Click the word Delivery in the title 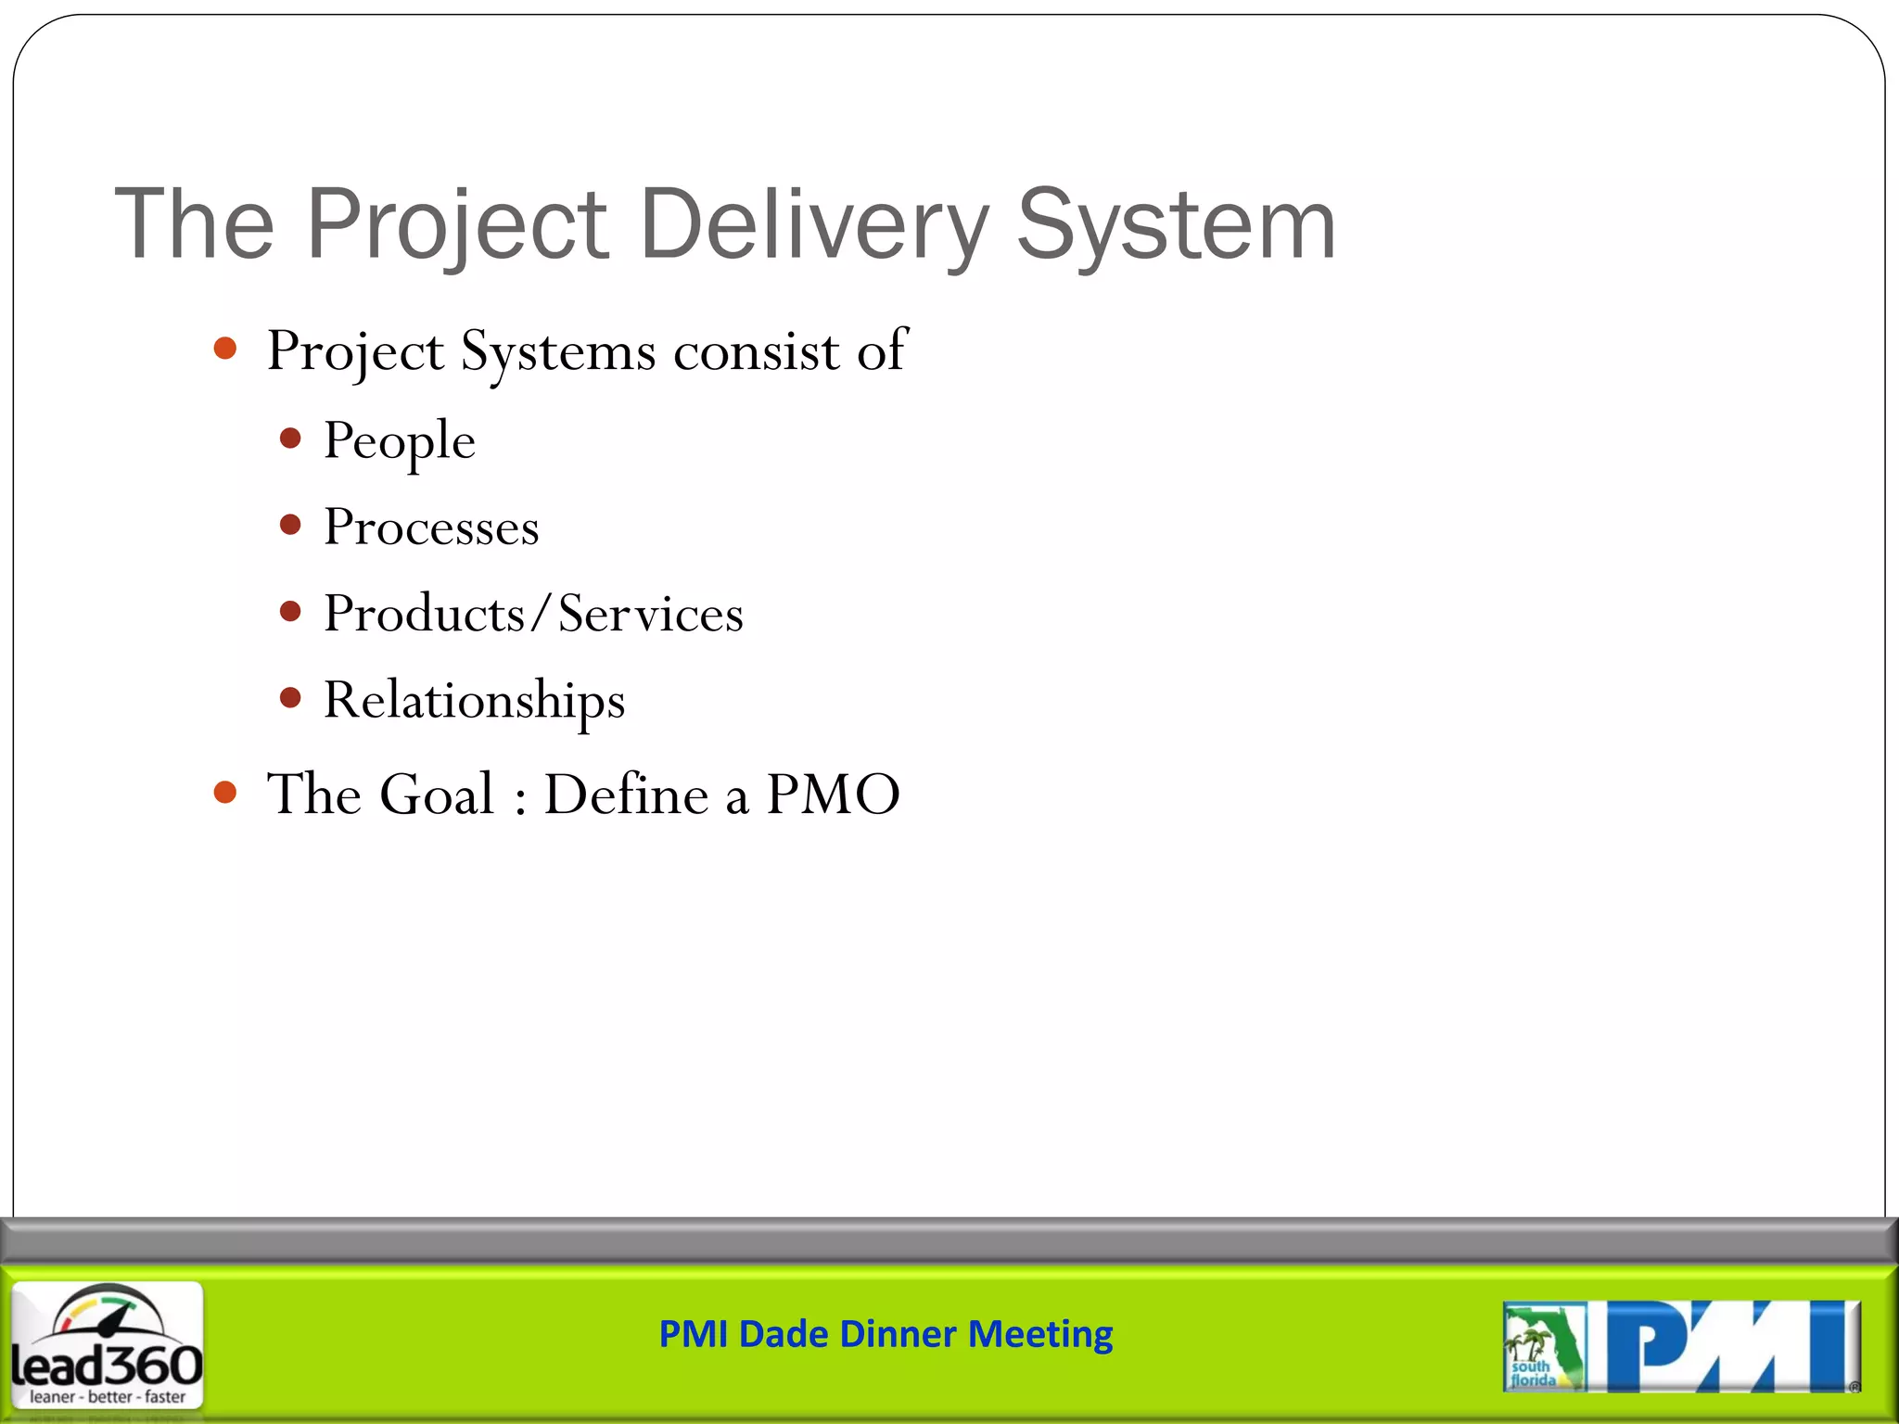814,224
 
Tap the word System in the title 1176,224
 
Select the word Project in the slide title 456,224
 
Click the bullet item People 399,440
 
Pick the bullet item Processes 431,528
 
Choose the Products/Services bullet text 533,614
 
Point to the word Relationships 474,700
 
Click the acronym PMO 833,795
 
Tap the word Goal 437,795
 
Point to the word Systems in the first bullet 558,351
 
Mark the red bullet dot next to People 291,439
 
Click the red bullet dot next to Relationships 291,697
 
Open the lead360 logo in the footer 107,1344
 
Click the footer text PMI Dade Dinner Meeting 886,1334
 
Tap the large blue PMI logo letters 1730,1346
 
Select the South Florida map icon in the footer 1542,1346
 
